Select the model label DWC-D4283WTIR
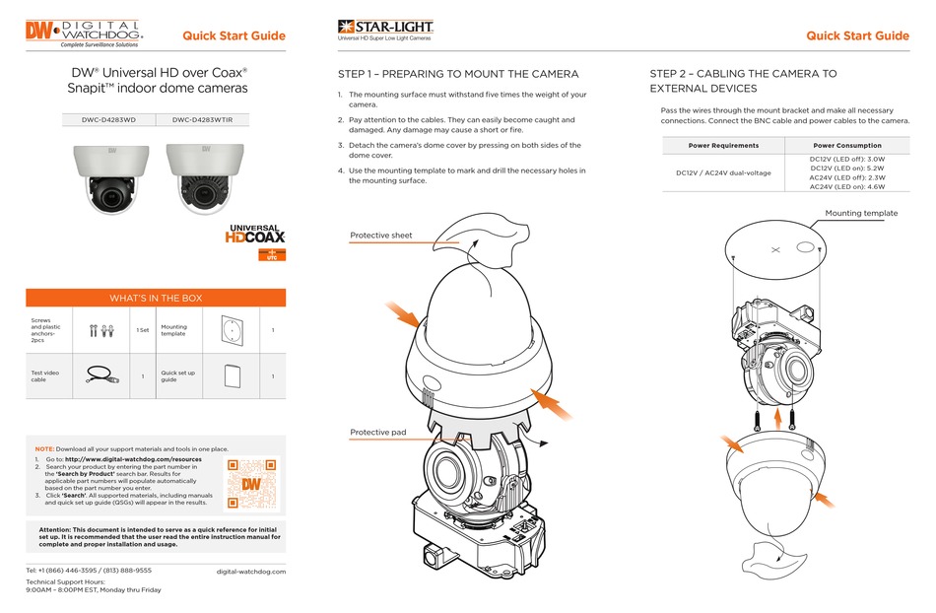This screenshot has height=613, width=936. pyautogui.click(x=209, y=120)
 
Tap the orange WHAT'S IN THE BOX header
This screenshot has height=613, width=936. pyautogui.click(x=155, y=298)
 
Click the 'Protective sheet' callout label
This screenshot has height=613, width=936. pyautogui.click(x=381, y=236)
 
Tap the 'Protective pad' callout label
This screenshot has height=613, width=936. pyautogui.click(x=378, y=433)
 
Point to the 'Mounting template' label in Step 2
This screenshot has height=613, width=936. pyautogui.click(x=861, y=213)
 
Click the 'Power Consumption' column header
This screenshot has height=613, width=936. pyautogui.click(x=846, y=145)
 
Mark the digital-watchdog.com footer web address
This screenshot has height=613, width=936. pyautogui.click(x=250, y=572)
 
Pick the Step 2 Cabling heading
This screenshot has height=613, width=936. pyautogui.click(x=744, y=81)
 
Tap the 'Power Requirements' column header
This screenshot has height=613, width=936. pyautogui.click(x=722, y=145)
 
